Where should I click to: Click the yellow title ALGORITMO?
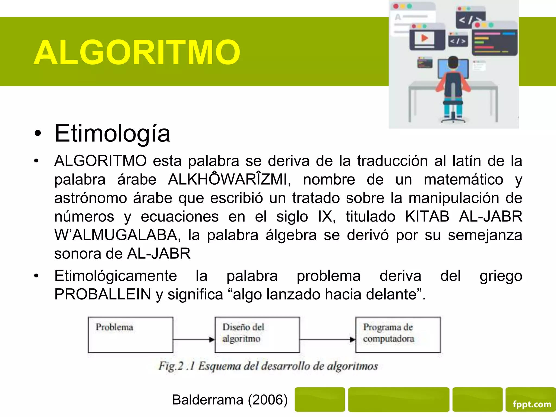(x=137, y=52)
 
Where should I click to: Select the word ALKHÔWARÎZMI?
(x=229, y=179)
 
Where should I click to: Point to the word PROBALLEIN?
(x=103, y=294)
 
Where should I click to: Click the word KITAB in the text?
(x=427, y=217)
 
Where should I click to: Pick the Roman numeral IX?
(x=327, y=217)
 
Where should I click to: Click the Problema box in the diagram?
(x=131, y=335)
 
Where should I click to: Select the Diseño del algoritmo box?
(x=257, y=335)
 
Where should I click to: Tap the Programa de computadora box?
(x=398, y=335)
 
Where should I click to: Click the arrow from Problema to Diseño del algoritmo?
(x=194, y=339)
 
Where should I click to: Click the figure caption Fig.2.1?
(x=268, y=366)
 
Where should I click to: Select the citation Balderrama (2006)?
(x=230, y=400)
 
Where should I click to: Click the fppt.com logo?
(x=532, y=404)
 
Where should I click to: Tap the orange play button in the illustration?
(x=424, y=38)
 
